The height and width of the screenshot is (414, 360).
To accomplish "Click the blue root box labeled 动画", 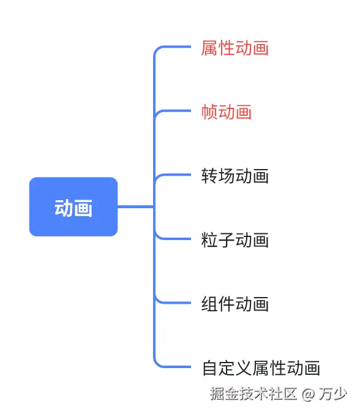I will [73, 207].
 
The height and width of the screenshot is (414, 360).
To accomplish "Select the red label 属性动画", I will [235, 48].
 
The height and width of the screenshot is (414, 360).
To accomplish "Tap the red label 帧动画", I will [227, 111].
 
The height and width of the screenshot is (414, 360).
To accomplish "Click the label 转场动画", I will [235, 176].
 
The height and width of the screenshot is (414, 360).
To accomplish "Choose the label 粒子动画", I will [235, 239].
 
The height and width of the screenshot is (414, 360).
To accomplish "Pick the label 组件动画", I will [235, 303].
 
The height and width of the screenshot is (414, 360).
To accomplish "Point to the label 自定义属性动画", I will [261, 367].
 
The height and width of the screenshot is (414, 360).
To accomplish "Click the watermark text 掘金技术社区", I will [253, 393].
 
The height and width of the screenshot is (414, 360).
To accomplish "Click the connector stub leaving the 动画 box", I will [135, 207].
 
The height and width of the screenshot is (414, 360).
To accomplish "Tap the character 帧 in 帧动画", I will [209, 111].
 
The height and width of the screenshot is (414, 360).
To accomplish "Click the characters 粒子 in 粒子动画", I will [218, 239].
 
